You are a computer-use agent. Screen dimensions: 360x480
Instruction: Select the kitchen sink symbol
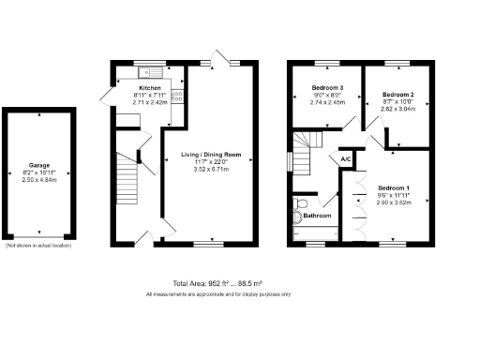[148, 71]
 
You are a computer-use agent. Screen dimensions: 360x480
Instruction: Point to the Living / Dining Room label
[211, 154]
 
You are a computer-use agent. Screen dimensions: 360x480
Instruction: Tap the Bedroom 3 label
[329, 88]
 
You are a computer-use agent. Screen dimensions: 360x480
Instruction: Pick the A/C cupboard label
[345, 159]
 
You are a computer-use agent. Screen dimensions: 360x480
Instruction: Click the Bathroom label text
[317, 217]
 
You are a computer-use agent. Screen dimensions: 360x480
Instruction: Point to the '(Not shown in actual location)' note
[38, 246]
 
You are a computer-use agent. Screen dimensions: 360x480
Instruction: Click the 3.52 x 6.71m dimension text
[211, 169]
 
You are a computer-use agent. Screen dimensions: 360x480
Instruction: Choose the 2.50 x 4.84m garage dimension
[39, 181]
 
